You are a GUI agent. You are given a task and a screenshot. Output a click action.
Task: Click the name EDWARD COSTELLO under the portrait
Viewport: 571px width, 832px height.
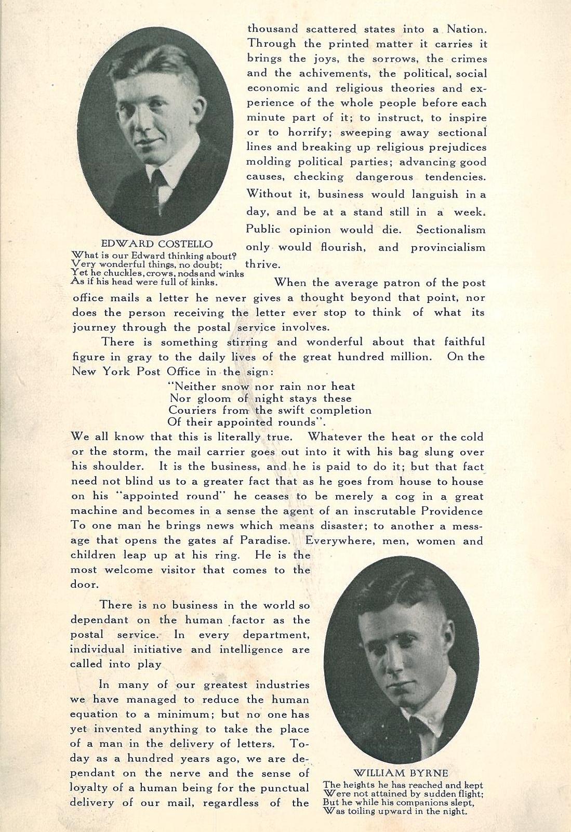click(x=157, y=244)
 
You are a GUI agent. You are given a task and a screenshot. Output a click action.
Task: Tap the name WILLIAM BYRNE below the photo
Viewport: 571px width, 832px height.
click(x=401, y=772)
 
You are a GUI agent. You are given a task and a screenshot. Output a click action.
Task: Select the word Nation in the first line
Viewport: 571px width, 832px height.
click(x=467, y=29)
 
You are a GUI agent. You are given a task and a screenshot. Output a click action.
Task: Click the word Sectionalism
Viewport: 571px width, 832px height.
click(x=450, y=229)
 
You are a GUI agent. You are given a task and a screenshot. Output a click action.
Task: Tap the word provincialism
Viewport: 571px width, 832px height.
click(x=448, y=247)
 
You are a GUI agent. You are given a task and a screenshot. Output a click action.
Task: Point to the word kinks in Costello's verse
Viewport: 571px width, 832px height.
click(x=204, y=283)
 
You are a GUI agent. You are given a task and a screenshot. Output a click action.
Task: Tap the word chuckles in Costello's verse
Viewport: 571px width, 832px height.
click(x=122, y=273)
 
